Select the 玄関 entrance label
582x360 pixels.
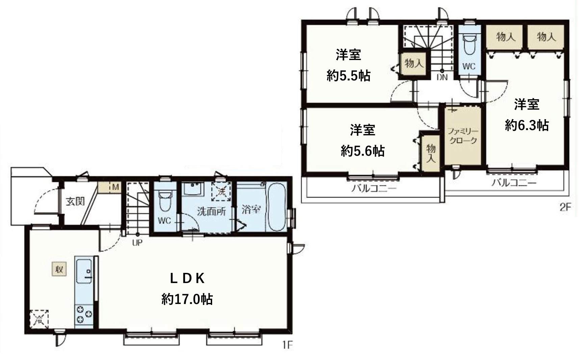point(75,202)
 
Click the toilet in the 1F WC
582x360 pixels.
point(165,200)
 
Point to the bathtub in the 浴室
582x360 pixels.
point(276,207)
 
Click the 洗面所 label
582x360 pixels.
point(211,211)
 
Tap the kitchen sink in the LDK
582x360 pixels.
point(84,271)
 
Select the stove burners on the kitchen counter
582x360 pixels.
point(84,315)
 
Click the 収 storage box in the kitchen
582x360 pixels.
point(59,269)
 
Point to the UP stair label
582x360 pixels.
point(137,242)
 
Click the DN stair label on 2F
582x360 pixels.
point(442,77)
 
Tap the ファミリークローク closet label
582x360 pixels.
point(463,136)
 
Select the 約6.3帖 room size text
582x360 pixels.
point(527,125)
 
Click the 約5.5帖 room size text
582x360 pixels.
point(349,76)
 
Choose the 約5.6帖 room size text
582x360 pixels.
point(363,151)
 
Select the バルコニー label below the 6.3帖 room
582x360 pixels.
point(514,183)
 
